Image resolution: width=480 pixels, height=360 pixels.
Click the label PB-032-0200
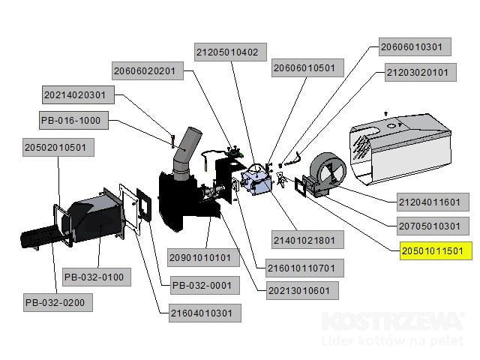59,303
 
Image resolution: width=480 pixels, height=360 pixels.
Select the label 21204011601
428,202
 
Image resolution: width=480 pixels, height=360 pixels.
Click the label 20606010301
411,46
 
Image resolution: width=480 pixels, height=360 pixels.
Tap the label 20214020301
79,94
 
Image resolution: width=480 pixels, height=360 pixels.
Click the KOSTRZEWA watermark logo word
392,322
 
